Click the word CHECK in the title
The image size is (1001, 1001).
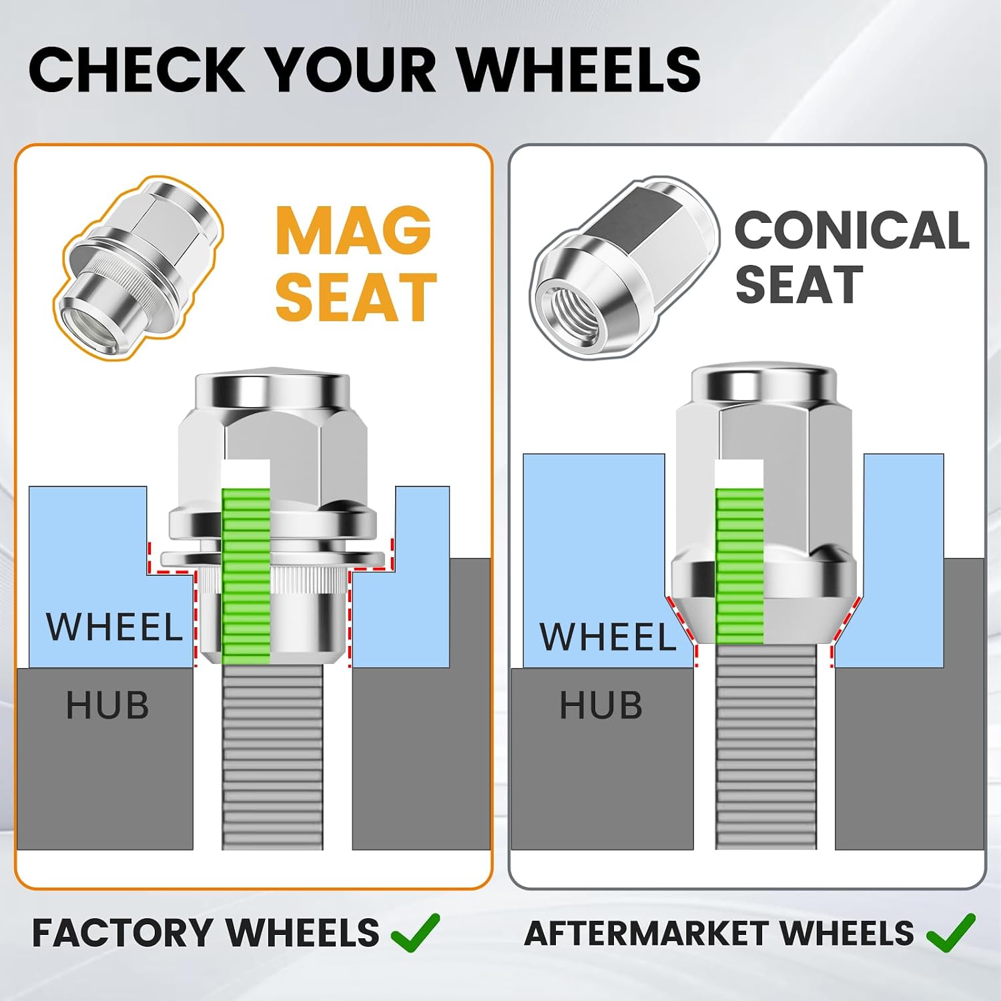(x=137, y=69)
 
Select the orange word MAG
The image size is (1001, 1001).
(x=353, y=230)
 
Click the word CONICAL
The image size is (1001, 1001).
(x=852, y=230)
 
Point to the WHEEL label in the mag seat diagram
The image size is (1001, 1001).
(x=114, y=627)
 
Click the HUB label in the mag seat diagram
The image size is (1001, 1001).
(x=107, y=705)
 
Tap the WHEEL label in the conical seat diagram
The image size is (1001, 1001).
(x=608, y=637)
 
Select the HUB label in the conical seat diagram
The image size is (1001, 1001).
(x=601, y=705)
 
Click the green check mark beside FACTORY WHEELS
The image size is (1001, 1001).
(x=415, y=932)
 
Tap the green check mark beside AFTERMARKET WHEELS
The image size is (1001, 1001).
(x=950, y=932)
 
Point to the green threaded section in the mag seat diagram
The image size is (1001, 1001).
(x=246, y=576)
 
